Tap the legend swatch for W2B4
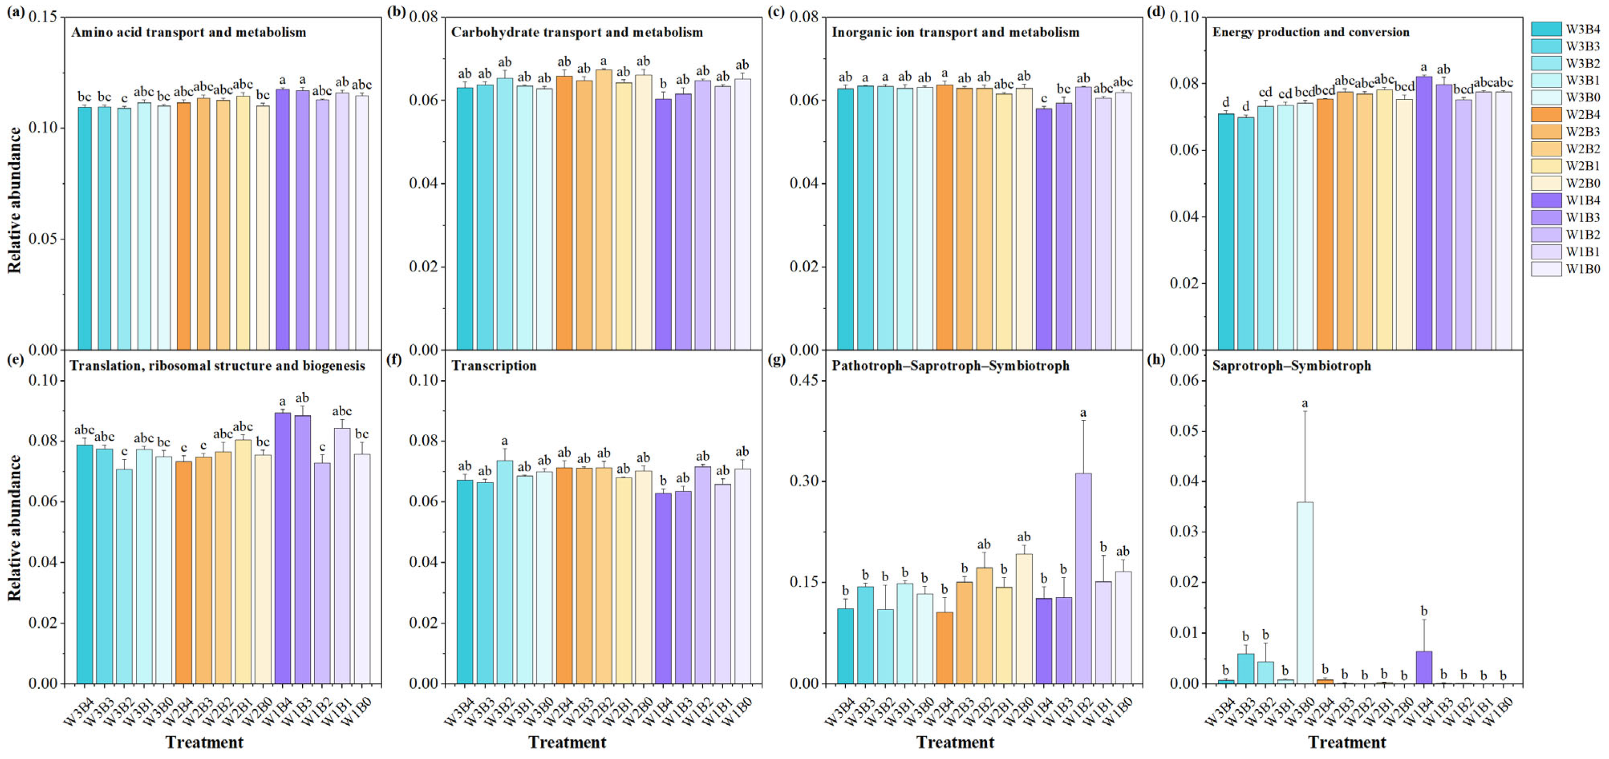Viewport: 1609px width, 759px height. pos(1546,115)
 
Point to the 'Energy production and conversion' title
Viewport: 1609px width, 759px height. pos(1311,32)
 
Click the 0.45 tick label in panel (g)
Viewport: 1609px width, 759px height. pos(806,381)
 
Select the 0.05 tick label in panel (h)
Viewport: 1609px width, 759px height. pos(1187,431)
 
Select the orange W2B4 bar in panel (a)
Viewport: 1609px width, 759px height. pos(184,225)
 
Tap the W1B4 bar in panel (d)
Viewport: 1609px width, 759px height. pos(1424,212)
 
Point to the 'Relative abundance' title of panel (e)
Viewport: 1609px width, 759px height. pos(14,527)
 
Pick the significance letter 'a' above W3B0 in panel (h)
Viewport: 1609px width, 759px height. pos(1305,404)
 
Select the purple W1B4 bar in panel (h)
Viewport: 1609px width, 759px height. pos(1424,667)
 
